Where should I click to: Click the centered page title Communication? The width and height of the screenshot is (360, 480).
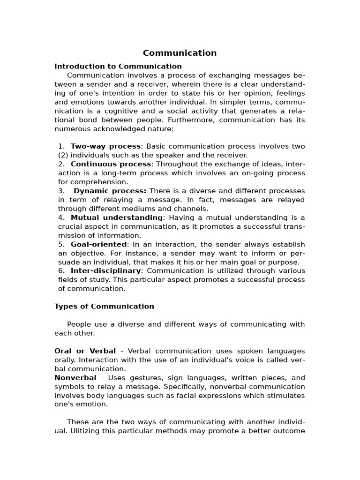pos(180,53)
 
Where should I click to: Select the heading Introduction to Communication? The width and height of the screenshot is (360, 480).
pos(118,66)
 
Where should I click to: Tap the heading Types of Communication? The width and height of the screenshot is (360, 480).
pos(104,306)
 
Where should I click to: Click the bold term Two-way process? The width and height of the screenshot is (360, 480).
pos(105,146)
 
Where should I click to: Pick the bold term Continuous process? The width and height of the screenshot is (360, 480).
pos(111,164)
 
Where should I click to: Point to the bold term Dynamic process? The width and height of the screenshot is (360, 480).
pos(110,191)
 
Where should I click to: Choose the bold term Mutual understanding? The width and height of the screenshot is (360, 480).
pos(116,217)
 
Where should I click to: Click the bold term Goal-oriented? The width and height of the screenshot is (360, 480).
pos(98,244)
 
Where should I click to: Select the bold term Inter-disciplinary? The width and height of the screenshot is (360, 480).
pos(105,270)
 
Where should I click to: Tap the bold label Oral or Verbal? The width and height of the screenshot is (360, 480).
pos(85,351)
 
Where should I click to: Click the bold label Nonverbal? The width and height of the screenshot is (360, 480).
pos(75,378)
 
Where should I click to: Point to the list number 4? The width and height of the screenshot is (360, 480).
pos(61,217)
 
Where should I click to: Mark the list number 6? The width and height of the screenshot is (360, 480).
pos(61,270)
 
